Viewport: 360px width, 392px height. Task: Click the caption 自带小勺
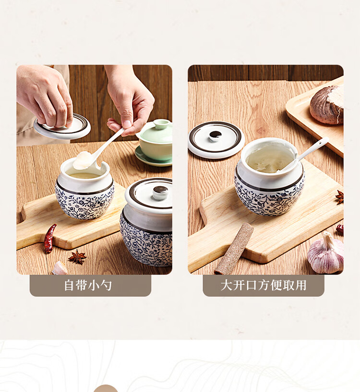point(88,285)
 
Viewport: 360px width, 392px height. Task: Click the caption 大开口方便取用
point(264,285)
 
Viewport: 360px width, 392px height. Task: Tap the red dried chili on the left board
point(50,238)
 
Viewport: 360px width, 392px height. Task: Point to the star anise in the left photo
point(77,257)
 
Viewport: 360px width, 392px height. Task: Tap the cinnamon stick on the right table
point(234,249)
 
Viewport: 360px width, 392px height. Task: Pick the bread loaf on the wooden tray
point(327,105)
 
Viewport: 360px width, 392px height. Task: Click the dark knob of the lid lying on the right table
point(215,135)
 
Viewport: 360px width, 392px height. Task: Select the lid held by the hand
point(62,127)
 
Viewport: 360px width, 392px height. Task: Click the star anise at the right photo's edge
point(340,197)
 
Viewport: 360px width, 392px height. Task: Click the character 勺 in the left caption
point(106,285)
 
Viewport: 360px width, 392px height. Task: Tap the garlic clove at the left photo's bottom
point(60,268)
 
